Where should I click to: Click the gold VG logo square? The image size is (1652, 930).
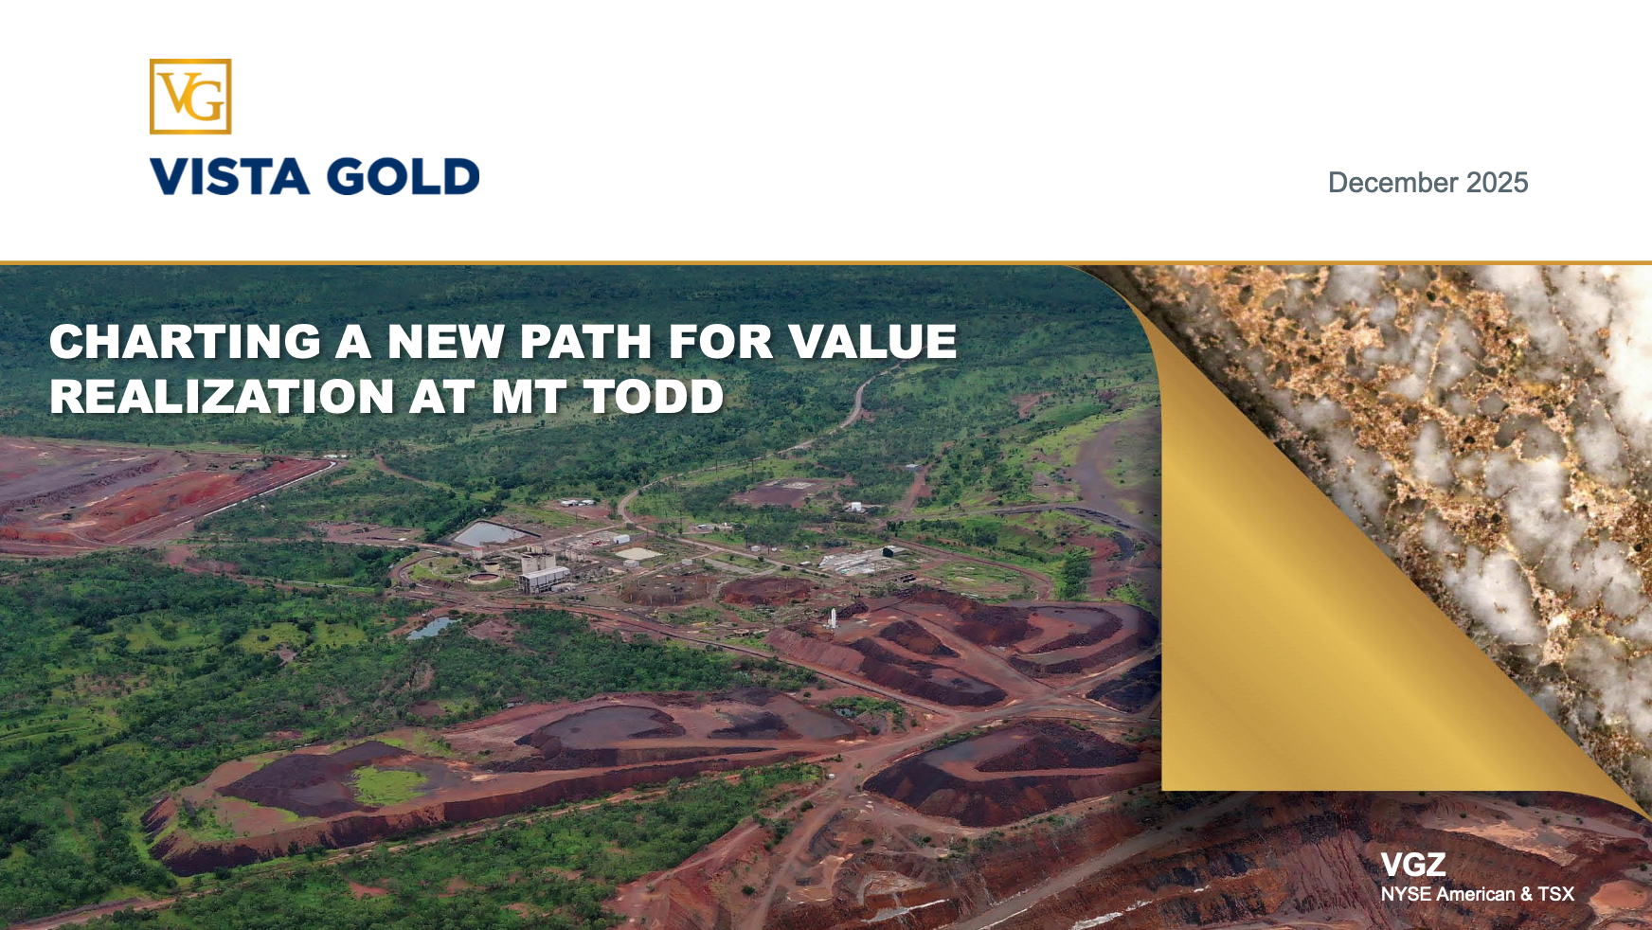(x=190, y=97)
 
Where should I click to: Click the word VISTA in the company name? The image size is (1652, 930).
(x=230, y=177)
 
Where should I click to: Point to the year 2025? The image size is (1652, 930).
(x=1498, y=183)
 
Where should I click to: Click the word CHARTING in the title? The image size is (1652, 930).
(x=186, y=342)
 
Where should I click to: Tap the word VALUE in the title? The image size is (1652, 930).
(x=873, y=342)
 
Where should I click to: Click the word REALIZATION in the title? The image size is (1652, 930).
(x=222, y=397)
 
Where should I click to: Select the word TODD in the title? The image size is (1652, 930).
(x=655, y=397)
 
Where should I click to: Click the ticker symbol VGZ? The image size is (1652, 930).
(x=1413, y=865)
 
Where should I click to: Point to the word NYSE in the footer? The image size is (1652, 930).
(x=1406, y=894)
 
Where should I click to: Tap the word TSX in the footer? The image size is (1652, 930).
(x=1555, y=894)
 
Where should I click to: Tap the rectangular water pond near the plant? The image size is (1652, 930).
(x=492, y=534)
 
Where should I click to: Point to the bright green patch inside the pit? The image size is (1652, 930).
(x=389, y=785)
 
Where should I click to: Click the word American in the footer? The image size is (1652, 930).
(x=1476, y=894)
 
